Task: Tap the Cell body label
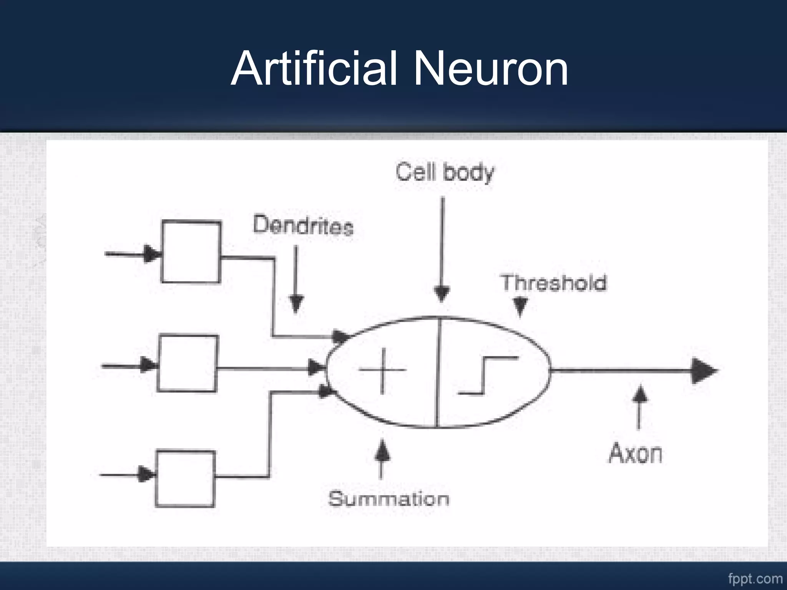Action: pos(445,172)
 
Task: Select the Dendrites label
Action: pos(303,225)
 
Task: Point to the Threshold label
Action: pos(553,283)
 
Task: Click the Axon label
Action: pos(635,454)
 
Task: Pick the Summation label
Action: pos(389,499)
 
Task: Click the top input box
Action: pos(191,252)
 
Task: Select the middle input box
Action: pos(188,363)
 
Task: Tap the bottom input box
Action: pos(185,479)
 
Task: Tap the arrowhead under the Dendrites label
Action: pos(296,303)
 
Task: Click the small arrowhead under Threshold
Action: pos(520,307)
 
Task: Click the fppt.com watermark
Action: pos(755,578)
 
